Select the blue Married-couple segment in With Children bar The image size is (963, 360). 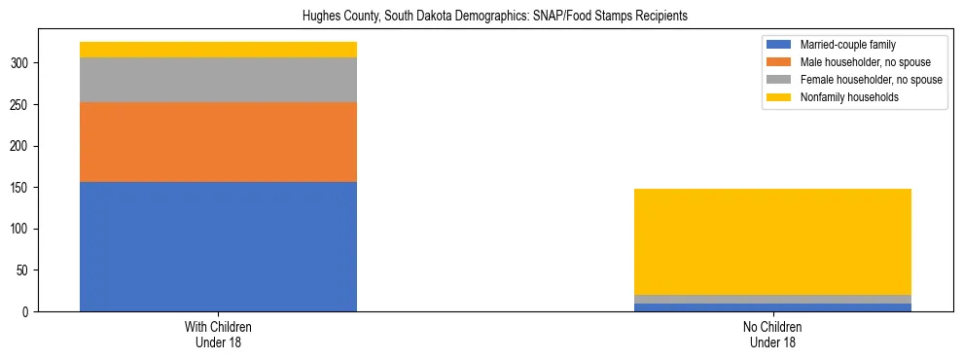(218, 246)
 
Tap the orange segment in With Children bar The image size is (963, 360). (218, 142)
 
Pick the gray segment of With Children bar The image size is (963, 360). (218, 80)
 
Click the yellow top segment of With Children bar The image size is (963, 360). (218, 50)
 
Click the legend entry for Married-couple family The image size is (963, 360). (847, 45)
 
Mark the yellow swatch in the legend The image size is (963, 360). (779, 97)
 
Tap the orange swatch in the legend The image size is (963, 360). (779, 62)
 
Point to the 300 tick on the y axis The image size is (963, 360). (28, 63)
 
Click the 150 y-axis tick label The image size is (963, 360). (28, 146)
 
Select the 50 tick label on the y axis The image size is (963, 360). (31, 270)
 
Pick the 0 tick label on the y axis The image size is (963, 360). (34, 311)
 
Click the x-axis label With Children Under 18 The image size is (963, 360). (218, 335)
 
